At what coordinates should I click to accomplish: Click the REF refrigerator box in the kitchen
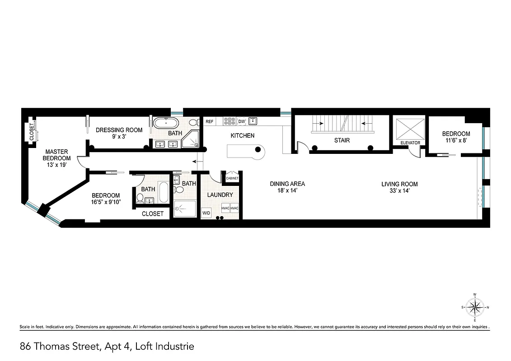pos(210,121)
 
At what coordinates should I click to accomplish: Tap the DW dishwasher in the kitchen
pos(241,121)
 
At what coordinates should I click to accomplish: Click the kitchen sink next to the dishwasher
pos(253,120)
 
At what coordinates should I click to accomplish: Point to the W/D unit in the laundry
pos(206,213)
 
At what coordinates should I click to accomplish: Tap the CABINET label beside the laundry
pos(232,178)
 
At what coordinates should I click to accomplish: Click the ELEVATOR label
pos(410,143)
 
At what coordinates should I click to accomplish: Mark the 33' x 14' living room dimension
pos(399,191)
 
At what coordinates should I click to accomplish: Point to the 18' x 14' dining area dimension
pos(287,191)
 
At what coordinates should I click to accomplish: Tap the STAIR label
pos(342,140)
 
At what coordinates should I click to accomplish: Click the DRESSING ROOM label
pos(119,130)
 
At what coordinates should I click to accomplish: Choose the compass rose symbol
pos(475,308)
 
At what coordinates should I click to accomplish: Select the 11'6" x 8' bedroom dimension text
pos(456,140)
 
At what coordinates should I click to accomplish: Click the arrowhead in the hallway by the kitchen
pos(194,161)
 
